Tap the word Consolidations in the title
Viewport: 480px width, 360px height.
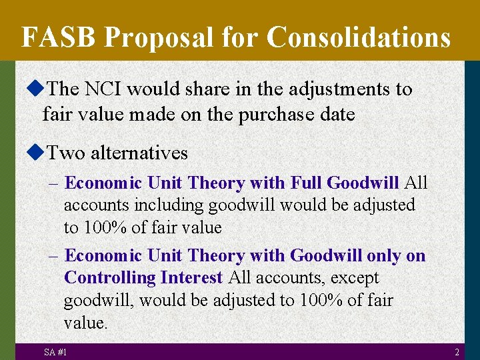(359, 37)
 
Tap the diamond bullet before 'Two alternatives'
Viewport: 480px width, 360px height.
(37, 153)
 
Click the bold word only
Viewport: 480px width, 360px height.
(387, 256)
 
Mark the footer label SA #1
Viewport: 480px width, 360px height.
(55, 352)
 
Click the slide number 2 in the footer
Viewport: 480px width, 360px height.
(457, 352)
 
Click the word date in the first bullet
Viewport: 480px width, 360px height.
(337, 115)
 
